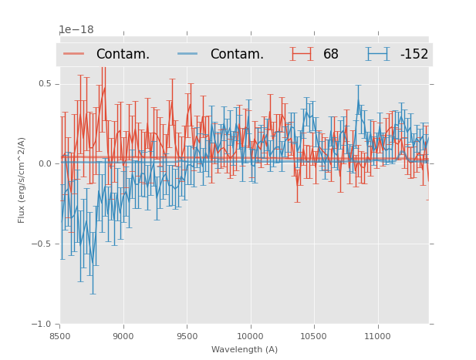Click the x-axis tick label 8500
[x=60, y=335]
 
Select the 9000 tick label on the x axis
[x=123, y=335]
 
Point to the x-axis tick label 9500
[x=187, y=335]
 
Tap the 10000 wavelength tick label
[x=250, y=335]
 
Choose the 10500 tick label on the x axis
[x=314, y=335]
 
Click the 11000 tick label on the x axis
[x=377, y=335]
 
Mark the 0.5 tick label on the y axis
[x=45, y=83]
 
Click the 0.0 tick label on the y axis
[x=45, y=163]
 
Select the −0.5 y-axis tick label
[x=43, y=244]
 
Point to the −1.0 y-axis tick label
[x=43, y=324]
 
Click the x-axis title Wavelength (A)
[x=245, y=349]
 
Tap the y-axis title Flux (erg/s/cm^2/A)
[x=22, y=180]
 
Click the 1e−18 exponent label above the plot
[x=76, y=30]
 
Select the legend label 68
[x=331, y=54]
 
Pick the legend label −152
[x=414, y=54]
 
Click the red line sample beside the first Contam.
[x=74, y=54]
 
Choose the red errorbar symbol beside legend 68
[x=302, y=54]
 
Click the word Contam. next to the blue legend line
[x=237, y=54]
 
